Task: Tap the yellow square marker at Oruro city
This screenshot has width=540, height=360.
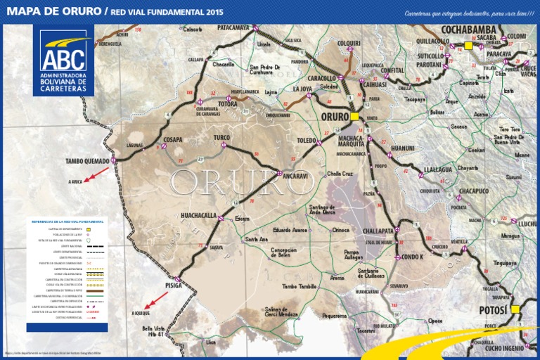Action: (x=354, y=116)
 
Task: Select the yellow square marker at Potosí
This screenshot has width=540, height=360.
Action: (x=515, y=309)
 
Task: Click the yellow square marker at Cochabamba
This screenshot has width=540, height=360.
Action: (x=468, y=46)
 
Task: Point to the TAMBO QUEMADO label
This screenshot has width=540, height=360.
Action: (x=87, y=161)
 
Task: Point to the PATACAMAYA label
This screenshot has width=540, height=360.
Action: (x=233, y=27)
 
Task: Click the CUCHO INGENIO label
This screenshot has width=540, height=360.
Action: (x=504, y=348)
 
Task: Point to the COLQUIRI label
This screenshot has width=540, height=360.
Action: (x=349, y=43)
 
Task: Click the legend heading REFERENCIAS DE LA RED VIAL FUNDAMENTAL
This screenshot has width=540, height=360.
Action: (x=67, y=221)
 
